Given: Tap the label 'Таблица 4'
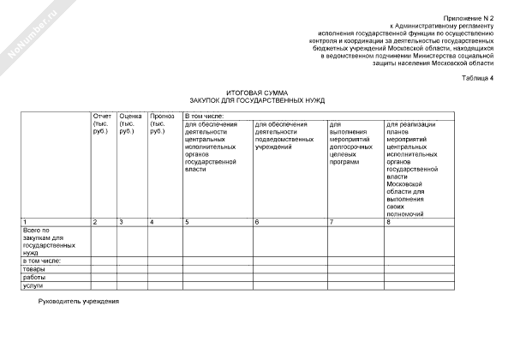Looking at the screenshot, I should pos(477,78).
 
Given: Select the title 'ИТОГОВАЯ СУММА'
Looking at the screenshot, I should pos(257,92).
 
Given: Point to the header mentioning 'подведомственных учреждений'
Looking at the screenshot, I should pos(288,134).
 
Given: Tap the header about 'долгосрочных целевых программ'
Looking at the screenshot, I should pos(354,142).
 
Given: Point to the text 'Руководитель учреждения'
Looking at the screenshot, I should pos(78,303).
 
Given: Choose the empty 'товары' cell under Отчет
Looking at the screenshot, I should pos(103,269).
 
